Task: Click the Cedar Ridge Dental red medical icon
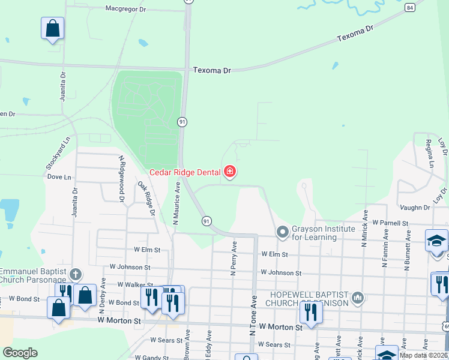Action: (229, 173)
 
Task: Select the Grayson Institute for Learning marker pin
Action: (283, 232)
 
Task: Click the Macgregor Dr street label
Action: (126, 9)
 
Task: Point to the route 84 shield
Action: (409, 7)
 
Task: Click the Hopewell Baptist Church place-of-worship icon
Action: (357, 298)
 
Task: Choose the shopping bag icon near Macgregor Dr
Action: (52, 28)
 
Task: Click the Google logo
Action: (20, 353)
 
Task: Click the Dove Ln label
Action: (59, 177)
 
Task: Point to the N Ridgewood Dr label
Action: (122, 181)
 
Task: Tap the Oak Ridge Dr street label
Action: (146, 199)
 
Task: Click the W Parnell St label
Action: (390, 223)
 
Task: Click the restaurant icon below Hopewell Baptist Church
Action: (310, 313)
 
